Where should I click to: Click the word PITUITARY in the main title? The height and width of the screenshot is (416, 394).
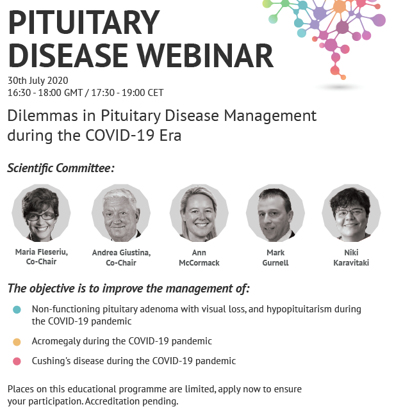pos(83,24)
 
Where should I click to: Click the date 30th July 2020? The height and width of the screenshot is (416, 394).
pos(38,81)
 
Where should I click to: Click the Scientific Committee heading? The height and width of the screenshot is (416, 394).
pos(61,168)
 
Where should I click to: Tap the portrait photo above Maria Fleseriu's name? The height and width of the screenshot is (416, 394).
pos(41,212)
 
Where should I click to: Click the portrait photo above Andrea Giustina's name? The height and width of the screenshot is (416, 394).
pos(120,212)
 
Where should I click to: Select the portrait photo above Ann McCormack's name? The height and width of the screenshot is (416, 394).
pos(199,212)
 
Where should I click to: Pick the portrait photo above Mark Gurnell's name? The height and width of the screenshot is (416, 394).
pos(275,212)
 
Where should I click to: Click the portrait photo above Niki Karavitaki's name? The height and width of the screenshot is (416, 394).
pos(351,212)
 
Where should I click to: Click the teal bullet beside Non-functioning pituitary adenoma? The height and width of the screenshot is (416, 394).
pos(17,310)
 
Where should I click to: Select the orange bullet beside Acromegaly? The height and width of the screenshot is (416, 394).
pos(17,342)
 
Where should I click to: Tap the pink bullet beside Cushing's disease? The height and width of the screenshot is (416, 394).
pos(17,362)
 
